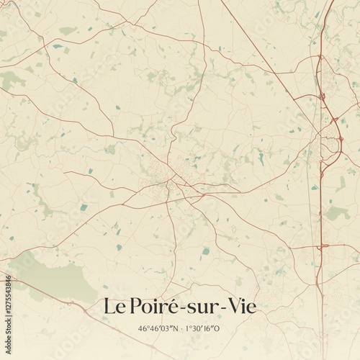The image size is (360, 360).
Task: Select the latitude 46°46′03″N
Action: pos(158,328)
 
